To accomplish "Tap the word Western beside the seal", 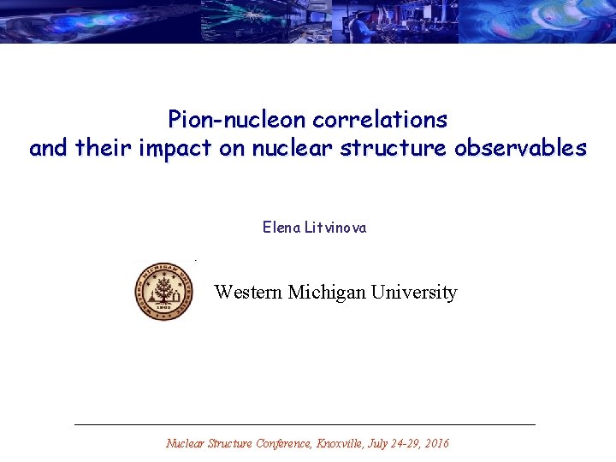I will [x=248, y=293].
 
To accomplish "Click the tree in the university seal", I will [x=163, y=289].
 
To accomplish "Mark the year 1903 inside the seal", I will [x=163, y=312].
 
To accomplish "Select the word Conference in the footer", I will [x=283, y=443].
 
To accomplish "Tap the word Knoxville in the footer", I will [x=341, y=443].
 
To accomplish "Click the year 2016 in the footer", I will [x=435, y=443].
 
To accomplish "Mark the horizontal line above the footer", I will [x=305, y=424].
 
